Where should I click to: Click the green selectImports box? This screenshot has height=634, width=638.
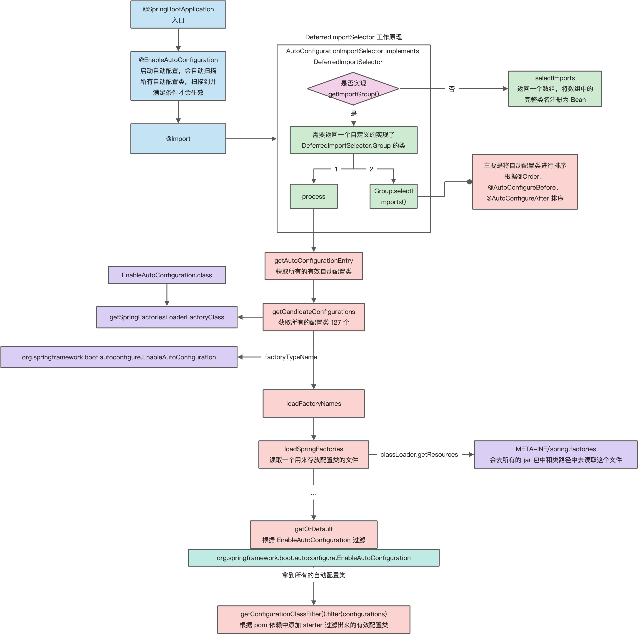coord(555,88)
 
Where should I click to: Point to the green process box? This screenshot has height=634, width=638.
coord(313,196)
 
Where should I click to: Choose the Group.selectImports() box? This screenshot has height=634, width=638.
coord(393,196)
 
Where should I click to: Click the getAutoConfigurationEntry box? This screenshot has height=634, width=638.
coord(313,266)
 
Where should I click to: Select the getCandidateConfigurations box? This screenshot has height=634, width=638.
coord(313,317)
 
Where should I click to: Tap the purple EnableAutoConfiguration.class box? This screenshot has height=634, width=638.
coord(167,275)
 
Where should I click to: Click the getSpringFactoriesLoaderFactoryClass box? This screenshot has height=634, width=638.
coord(167,317)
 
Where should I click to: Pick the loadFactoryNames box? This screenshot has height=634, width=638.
coord(313,403)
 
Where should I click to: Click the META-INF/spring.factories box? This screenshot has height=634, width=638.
coord(555,454)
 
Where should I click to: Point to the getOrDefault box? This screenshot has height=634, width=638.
coord(313,534)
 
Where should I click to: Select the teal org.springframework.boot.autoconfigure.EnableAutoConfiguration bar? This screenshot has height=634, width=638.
coord(313,558)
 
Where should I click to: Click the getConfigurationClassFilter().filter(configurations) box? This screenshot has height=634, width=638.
coord(313,619)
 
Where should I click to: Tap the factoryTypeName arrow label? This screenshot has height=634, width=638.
coord(291,357)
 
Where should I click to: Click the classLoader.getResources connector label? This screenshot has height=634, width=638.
coord(419,454)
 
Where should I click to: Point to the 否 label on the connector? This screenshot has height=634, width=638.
coord(452,89)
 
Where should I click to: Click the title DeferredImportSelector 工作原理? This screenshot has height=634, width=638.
coord(353,37)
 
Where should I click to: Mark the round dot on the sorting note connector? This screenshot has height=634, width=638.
coord(469,182)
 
